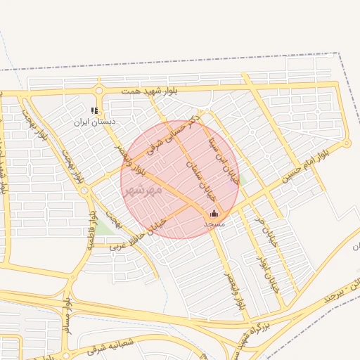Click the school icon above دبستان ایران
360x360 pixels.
95,110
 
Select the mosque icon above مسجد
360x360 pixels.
214,213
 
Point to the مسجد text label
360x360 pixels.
214,223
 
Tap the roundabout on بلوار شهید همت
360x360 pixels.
99,91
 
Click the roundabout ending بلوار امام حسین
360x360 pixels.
346,143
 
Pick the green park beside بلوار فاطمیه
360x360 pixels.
104,229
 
